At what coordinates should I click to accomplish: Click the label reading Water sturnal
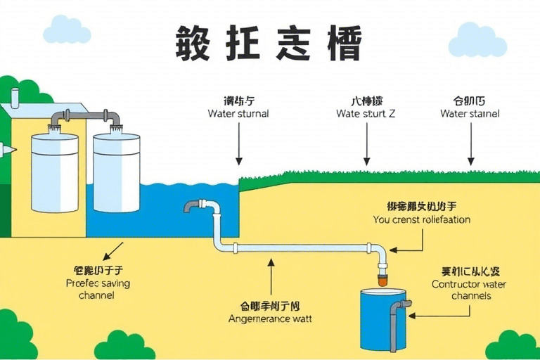(238, 113)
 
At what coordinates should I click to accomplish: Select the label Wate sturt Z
(366, 113)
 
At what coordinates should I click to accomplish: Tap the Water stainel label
(470, 113)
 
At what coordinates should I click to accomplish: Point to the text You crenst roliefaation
(421, 219)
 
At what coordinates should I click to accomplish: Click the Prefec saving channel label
(98, 289)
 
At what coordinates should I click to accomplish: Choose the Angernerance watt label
(271, 319)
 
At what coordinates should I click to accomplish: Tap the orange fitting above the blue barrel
(382, 281)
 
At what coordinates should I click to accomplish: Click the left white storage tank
(53, 172)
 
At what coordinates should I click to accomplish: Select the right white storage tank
(116, 172)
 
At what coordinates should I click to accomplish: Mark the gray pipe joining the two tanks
(85, 114)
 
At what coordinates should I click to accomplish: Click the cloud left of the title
(67, 30)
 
